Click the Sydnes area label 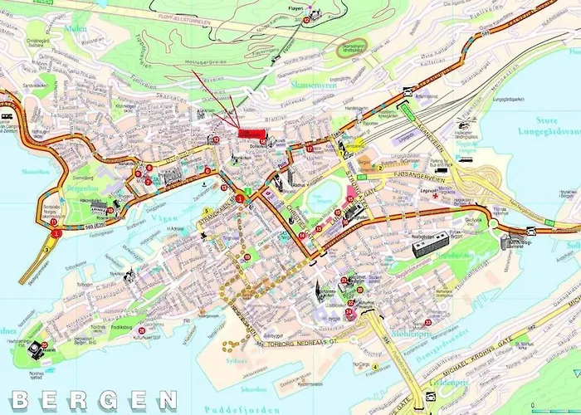tap(236, 360)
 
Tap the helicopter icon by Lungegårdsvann tap(462, 129)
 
